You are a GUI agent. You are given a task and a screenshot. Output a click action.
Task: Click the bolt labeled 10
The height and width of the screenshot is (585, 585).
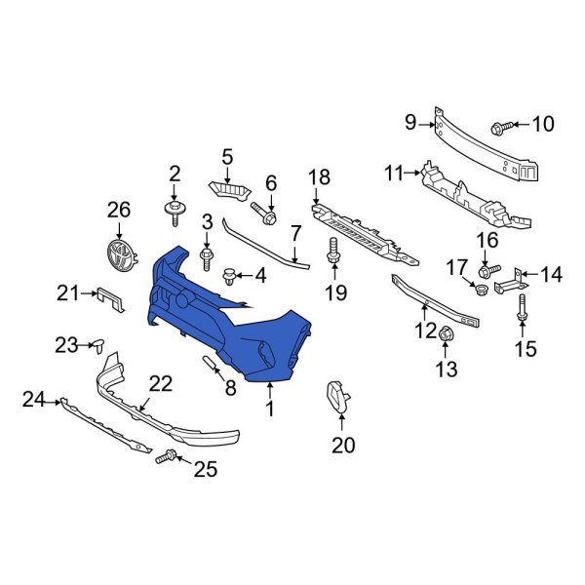pyautogui.click(x=504, y=125)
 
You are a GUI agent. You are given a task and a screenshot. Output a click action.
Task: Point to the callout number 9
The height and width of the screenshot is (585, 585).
pyautogui.click(x=410, y=122)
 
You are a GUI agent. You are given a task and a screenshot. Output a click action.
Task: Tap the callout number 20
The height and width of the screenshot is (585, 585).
pyautogui.click(x=343, y=446)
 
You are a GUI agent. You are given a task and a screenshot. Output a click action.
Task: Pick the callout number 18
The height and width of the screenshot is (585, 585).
pyautogui.click(x=319, y=176)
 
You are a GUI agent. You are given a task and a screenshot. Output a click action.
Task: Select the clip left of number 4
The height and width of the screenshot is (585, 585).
pyautogui.click(x=231, y=276)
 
